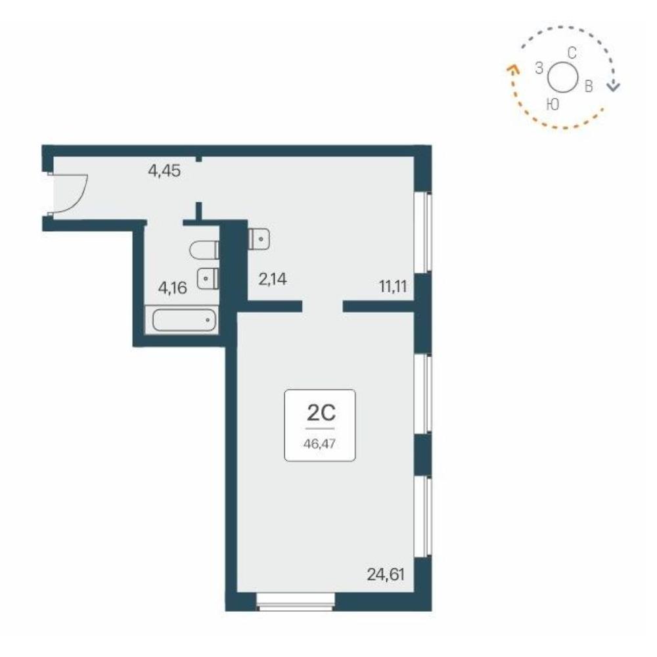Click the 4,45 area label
point(164,171)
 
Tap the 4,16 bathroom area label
point(172,288)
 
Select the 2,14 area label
point(273,279)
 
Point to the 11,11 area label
point(393,287)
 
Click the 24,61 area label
point(386,574)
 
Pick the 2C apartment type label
point(321,413)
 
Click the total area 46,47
point(320,443)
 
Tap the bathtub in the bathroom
point(185,320)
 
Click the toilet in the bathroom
point(204,250)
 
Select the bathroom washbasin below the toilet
point(208,278)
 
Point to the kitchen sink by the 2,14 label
point(259,240)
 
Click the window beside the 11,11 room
point(422,232)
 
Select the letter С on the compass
point(572,53)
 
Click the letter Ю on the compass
point(553,104)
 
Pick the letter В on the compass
point(589,86)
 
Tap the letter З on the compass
point(539,68)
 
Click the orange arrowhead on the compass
point(512,68)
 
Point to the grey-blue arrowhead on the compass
point(614,86)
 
